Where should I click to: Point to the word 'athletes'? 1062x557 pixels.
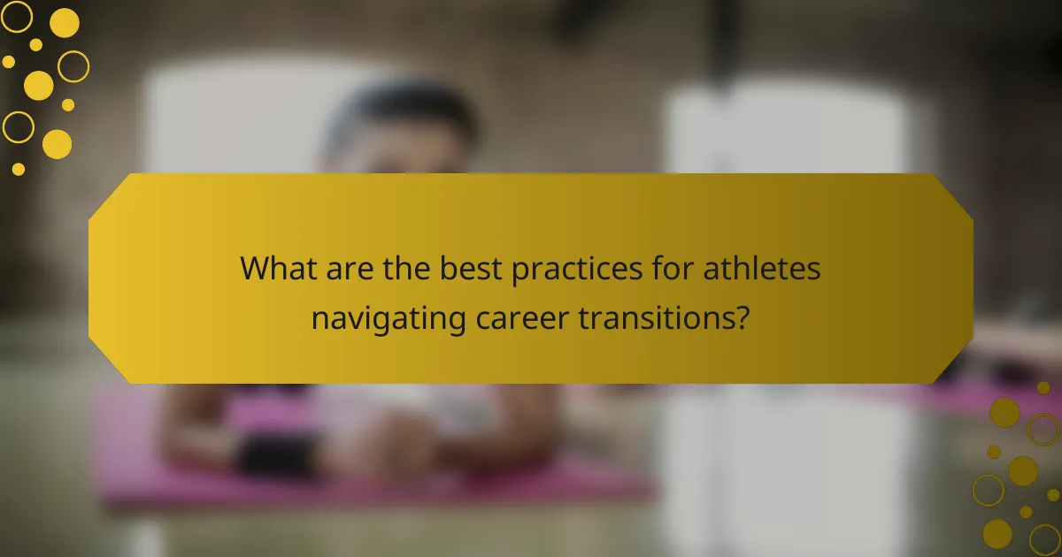click(762, 268)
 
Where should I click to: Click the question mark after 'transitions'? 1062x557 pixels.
click(742, 317)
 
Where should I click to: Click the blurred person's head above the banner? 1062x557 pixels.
click(403, 128)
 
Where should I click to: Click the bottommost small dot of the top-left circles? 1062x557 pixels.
click(18, 168)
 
